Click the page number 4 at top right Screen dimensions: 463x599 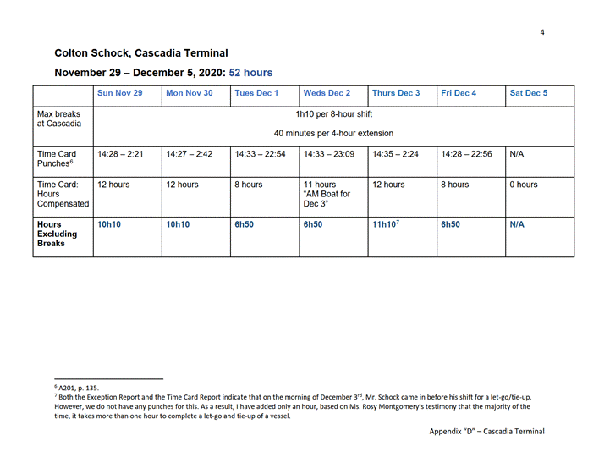[x=542, y=33]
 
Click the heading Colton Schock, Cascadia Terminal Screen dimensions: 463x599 [x=140, y=53]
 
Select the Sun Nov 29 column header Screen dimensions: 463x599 [x=120, y=93]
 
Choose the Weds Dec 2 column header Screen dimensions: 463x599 [x=327, y=93]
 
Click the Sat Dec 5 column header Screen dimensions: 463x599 [x=529, y=93]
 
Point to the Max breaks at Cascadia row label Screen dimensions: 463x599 [x=59, y=119]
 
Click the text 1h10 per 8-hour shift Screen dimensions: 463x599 [x=333, y=114]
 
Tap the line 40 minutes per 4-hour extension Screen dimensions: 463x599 [x=333, y=133]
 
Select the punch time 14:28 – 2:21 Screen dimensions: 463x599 [x=120, y=155]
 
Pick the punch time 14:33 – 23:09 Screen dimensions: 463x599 [x=329, y=155]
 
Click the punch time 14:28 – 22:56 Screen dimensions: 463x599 [x=466, y=155]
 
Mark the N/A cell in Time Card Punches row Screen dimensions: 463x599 [x=518, y=155]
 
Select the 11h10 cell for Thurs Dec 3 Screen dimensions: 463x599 [x=385, y=225]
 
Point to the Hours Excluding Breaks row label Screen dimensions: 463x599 [x=58, y=234]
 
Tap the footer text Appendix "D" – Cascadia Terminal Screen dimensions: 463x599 [x=486, y=431]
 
